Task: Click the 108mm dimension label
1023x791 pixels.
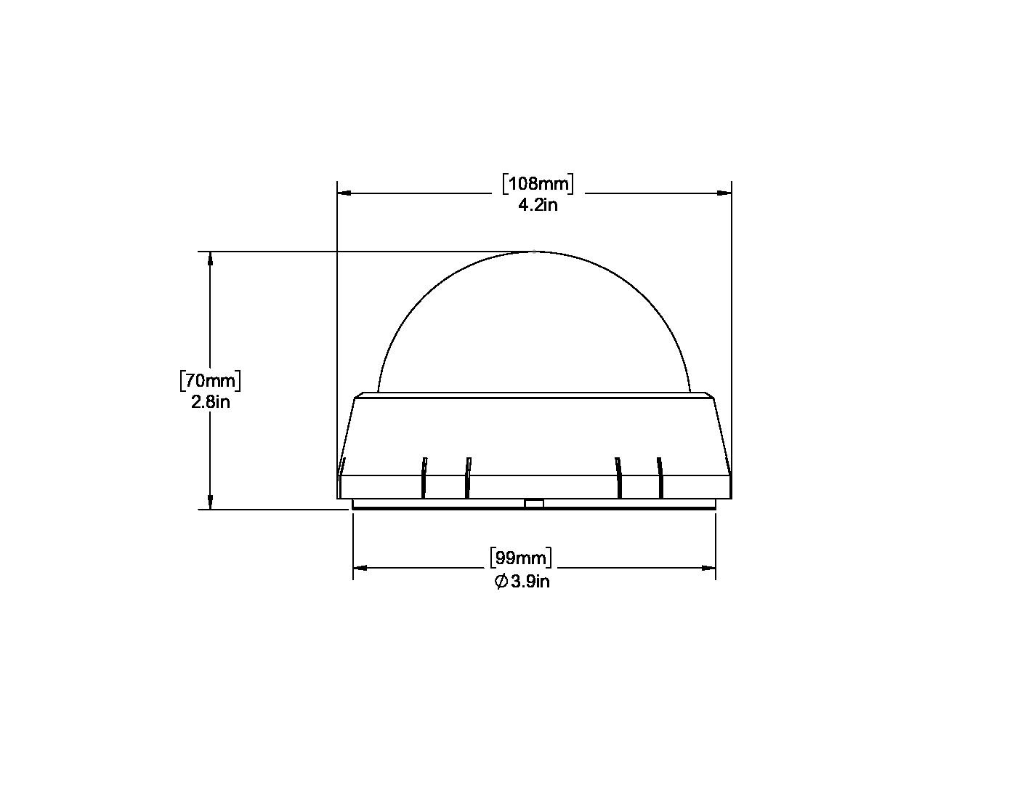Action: coord(538,183)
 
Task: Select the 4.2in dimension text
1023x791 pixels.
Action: coord(538,205)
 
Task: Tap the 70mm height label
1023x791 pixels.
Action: coord(211,381)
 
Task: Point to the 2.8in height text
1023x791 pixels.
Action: coord(211,402)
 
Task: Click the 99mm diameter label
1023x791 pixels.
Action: coord(521,558)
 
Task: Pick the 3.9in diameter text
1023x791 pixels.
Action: coord(530,582)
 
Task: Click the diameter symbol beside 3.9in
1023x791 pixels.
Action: coord(501,582)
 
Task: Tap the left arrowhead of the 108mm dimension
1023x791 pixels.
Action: coord(344,193)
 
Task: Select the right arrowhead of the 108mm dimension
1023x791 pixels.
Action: coord(724,193)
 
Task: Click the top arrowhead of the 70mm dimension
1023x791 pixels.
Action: coord(211,259)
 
